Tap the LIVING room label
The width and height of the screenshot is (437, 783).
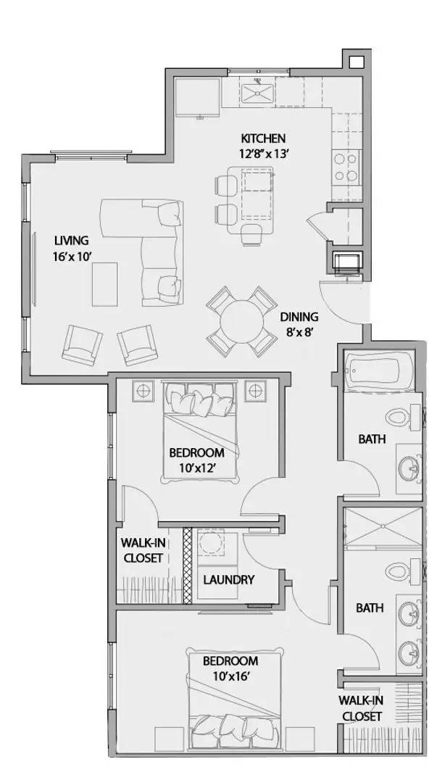pos(70,240)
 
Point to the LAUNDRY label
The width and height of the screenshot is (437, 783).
pos(228,579)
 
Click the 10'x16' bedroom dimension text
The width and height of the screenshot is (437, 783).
pos(230,676)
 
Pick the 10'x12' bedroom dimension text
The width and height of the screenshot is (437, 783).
pos(196,467)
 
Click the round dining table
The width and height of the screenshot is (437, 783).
pos(241,321)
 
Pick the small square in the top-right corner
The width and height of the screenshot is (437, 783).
pos(356,62)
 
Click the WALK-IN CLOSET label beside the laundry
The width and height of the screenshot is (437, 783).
pos(141,551)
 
